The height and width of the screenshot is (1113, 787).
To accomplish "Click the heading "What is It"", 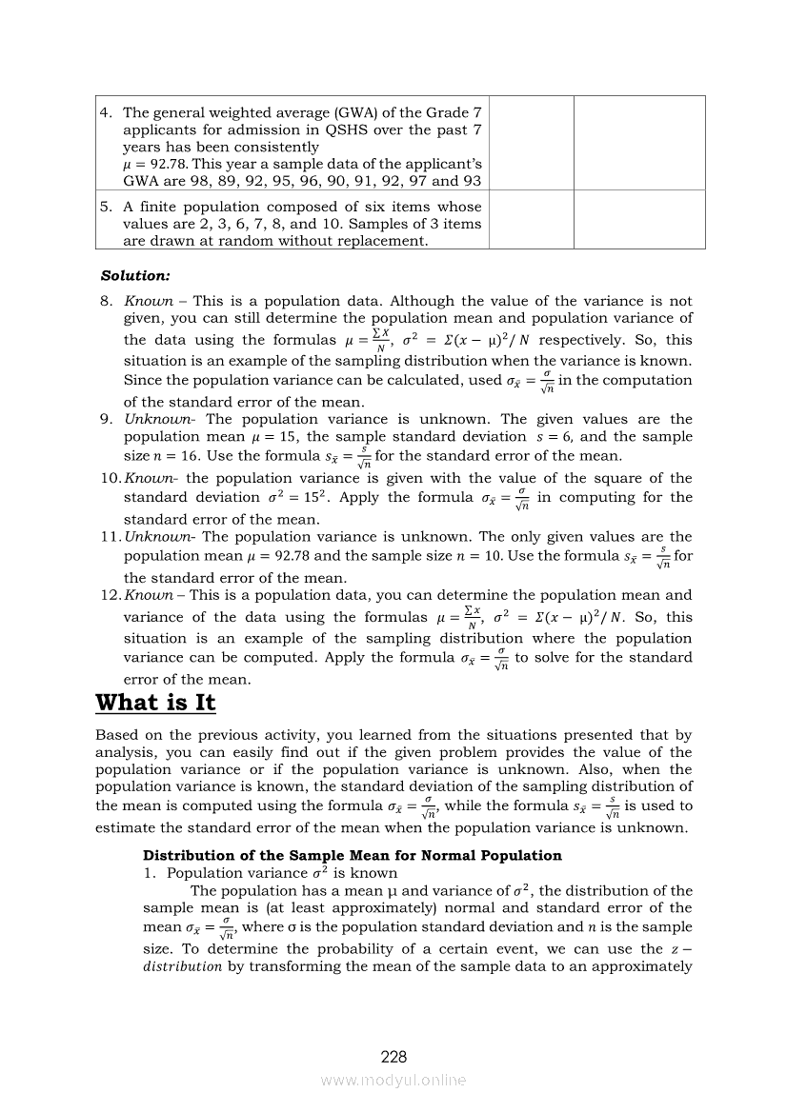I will (x=155, y=703).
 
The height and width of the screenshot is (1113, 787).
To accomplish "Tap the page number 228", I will (x=393, y=1057).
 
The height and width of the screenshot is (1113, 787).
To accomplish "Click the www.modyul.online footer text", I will (x=393, y=1080).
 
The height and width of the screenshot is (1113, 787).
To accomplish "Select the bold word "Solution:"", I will (x=135, y=275).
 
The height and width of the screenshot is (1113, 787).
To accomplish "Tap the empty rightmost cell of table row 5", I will (x=638, y=219).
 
